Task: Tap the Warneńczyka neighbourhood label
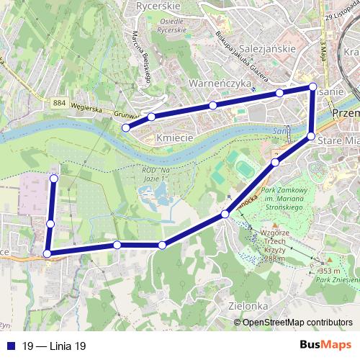click(x=219, y=84)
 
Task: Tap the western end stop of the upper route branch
click(x=125, y=127)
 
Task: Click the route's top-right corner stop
click(x=312, y=87)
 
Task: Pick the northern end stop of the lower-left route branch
click(x=53, y=177)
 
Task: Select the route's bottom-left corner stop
click(x=48, y=253)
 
